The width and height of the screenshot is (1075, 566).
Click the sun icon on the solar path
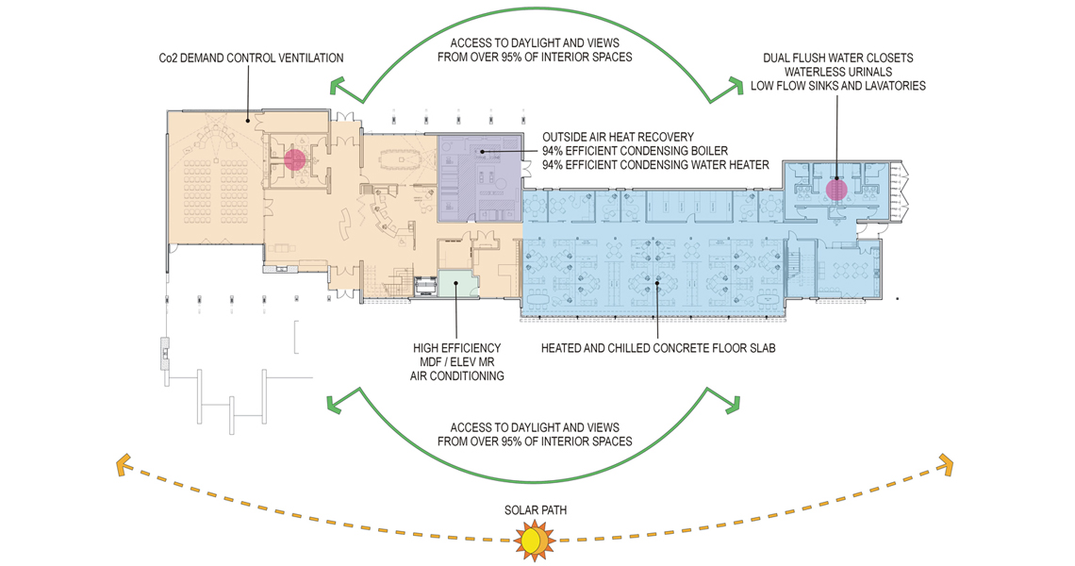click(x=535, y=540)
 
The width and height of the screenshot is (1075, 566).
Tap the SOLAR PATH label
click(x=536, y=510)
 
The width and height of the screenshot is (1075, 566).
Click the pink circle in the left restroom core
click(x=295, y=159)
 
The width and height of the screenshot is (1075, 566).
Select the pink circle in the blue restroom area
click(x=836, y=190)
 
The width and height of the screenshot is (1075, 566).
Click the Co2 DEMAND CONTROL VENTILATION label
click(x=251, y=58)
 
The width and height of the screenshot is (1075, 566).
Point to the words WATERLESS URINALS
click(x=838, y=72)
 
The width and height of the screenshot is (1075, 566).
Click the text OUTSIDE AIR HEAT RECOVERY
click(x=618, y=137)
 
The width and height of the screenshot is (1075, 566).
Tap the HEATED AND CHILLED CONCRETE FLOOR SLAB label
click(x=658, y=348)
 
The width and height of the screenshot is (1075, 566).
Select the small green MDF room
click(x=457, y=283)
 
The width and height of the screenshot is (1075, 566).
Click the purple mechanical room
click(x=479, y=177)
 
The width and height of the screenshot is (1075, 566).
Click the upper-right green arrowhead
click(x=735, y=87)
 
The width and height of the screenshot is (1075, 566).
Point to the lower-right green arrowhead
click(x=731, y=404)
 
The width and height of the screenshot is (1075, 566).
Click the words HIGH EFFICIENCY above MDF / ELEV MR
click(x=457, y=348)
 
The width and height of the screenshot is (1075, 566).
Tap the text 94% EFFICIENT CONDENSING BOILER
click(x=635, y=151)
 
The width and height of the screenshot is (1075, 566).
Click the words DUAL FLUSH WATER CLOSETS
click(x=837, y=58)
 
